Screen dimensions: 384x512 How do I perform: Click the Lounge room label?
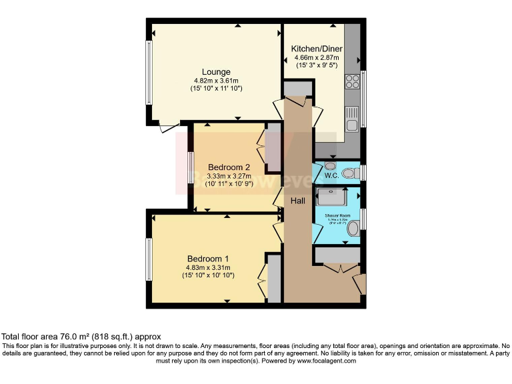tap(217, 72)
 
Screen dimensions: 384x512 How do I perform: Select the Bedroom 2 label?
tap(229, 167)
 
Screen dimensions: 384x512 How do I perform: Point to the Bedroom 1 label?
tap(208, 259)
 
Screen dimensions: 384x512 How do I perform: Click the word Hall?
tap(299, 199)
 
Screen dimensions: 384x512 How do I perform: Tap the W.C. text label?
tap(331, 177)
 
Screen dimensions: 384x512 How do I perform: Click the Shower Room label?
tap(337, 216)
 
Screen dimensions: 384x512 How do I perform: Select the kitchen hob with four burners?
tap(352, 82)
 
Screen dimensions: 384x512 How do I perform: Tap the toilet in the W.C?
tap(349, 174)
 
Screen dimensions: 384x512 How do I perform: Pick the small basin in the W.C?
tap(329, 166)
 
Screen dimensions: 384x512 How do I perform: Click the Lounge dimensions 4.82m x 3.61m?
tap(217, 81)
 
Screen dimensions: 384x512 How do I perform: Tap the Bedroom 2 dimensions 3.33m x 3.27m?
tap(229, 176)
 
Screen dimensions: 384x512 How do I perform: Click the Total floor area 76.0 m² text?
tap(81, 337)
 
